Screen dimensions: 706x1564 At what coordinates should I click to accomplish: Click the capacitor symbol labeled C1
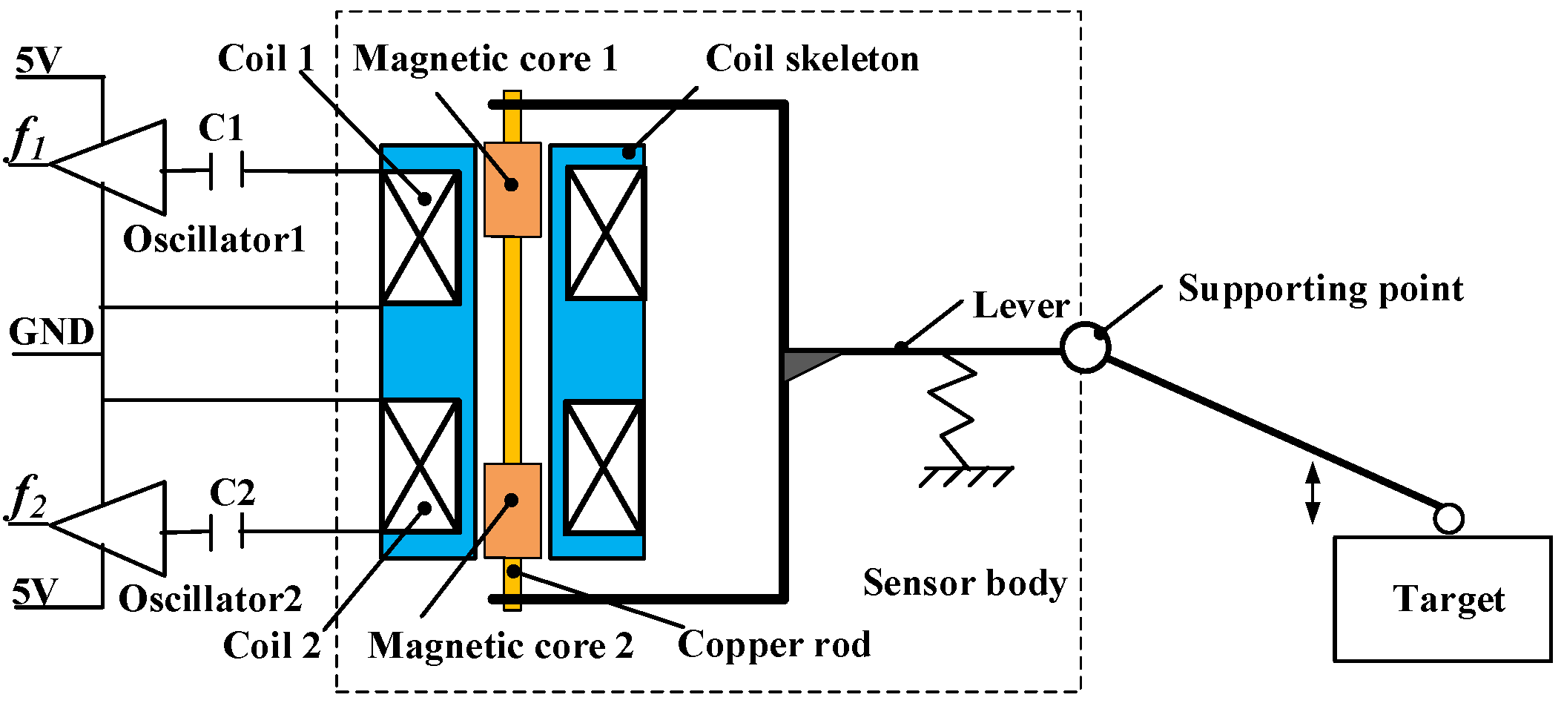point(227,171)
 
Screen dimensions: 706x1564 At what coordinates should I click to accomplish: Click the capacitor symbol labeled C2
point(227,532)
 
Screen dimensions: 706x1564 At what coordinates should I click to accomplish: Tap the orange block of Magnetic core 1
point(512,190)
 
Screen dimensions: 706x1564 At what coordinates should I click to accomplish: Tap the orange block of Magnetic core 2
point(512,510)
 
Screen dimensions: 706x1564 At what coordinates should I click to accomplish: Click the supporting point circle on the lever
point(1085,347)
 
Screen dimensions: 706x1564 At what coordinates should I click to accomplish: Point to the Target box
point(1442,598)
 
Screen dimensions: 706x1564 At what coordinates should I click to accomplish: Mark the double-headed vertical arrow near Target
point(1313,493)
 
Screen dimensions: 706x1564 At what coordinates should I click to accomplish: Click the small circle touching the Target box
point(1448,518)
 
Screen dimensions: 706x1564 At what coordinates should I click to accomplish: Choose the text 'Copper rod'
point(774,644)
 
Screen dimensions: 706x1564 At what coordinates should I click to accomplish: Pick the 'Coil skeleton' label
point(812,59)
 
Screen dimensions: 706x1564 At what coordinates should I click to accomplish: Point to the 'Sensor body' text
point(964,583)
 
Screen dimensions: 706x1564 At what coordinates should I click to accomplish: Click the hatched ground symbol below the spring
point(966,476)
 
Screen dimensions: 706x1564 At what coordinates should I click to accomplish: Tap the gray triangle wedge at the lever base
point(805,364)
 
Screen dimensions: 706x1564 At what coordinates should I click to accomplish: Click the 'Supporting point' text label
point(1320,288)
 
